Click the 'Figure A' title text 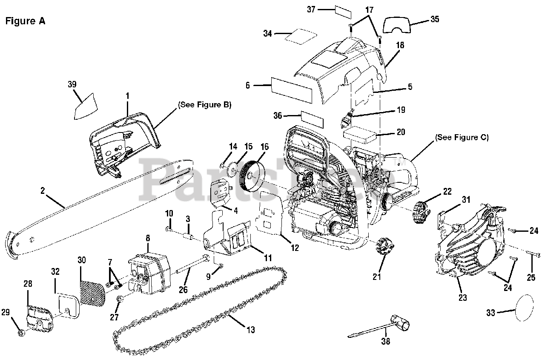tap(25, 21)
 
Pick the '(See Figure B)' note tap(204, 105)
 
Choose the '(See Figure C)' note tap(462, 137)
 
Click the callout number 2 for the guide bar tap(43, 191)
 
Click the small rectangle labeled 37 tap(344, 11)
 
